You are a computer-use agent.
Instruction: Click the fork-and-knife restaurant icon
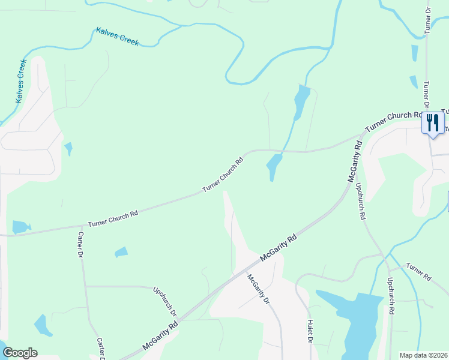[x=432, y=123]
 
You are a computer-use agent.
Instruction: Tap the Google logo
[x=20, y=352]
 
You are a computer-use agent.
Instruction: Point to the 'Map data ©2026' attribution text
[x=424, y=355]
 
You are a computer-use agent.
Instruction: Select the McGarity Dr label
[x=258, y=289]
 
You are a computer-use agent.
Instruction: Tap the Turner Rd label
[x=418, y=272]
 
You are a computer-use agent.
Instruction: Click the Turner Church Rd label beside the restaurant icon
[x=394, y=120]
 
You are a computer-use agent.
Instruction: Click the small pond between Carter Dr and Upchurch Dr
[x=121, y=252]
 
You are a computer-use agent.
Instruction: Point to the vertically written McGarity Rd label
[x=354, y=162]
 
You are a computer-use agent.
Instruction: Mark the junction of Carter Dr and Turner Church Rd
[x=79, y=226]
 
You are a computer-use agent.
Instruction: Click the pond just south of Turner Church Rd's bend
[x=274, y=165]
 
